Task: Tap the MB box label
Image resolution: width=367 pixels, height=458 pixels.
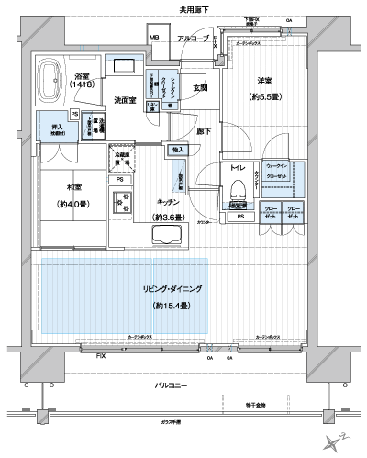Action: pos(155,39)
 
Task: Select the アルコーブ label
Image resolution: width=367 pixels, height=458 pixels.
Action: pos(193,39)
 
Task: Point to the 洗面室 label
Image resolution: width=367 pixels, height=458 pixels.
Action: pos(126,99)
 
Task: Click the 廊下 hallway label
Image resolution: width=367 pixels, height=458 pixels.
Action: pos(208,131)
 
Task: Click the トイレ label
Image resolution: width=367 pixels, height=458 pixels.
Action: pos(237,169)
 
